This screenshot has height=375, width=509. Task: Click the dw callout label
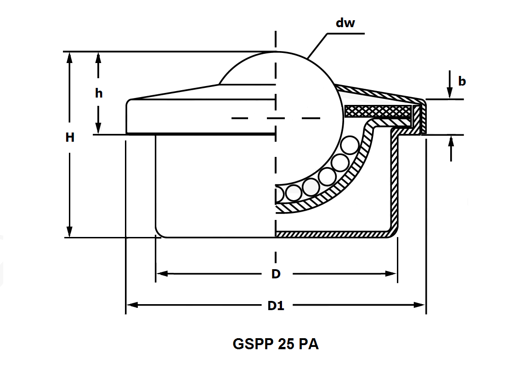[345, 23]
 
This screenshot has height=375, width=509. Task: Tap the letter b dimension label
[462, 81]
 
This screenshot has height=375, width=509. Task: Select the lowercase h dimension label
[99, 93]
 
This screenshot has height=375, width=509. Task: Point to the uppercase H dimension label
[70, 137]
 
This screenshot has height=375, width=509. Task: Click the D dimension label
[276, 274]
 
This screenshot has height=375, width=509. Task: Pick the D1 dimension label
[276, 305]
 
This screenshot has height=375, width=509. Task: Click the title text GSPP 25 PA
[276, 344]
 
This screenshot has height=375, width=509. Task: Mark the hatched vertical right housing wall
[394, 184]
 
